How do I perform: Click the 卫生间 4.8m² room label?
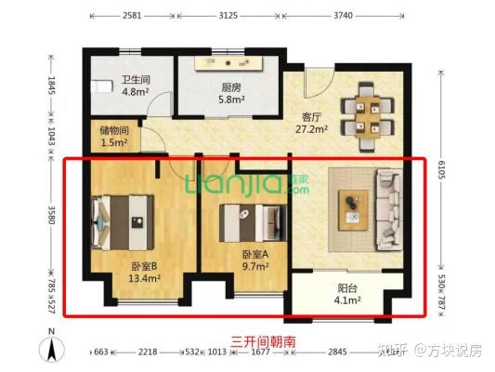click(136, 86)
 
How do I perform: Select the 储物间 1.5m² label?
click(114, 136)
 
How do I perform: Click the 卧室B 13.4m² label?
click(145, 270)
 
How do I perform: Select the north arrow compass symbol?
click(54, 350)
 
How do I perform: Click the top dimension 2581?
click(130, 16)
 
